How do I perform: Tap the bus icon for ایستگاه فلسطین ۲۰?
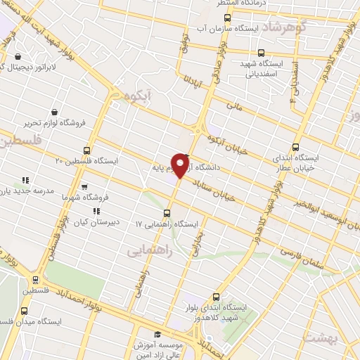[87, 150]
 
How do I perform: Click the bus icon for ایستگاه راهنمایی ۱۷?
[167, 212]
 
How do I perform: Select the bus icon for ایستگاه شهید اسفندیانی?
[262, 52]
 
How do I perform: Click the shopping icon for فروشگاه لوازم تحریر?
[55, 111]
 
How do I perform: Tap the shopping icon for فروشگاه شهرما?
[84, 187]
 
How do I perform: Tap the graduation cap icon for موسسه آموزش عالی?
[157, 335]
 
